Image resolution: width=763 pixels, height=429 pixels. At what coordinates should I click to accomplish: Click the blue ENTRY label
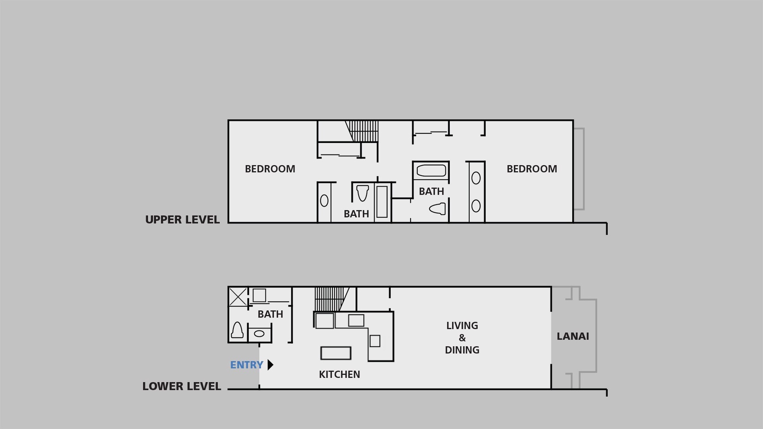click(x=246, y=365)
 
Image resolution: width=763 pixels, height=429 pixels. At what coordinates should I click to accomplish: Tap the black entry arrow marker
click(x=270, y=365)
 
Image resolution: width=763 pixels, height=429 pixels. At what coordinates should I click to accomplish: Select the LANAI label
click(x=573, y=336)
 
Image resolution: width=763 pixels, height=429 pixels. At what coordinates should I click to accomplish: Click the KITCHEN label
click(x=339, y=375)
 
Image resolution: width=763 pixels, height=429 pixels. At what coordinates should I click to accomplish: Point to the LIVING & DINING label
click(x=462, y=338)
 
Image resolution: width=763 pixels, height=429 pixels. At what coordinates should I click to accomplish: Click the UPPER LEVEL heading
click(x=182, y=220)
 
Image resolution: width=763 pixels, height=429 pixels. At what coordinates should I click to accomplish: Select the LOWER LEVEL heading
click(x=182, y=386)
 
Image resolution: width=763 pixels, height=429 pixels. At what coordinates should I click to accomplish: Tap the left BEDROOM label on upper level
click(x=270, y=169)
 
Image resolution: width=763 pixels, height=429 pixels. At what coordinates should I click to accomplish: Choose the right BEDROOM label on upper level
click(x=532, y=169)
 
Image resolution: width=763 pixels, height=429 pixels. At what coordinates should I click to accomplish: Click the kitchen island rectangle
click(x=336, y=353)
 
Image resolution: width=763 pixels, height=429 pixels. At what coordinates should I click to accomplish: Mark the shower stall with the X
click(x=238, y=297)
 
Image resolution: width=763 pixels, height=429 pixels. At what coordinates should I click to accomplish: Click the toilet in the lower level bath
click(x=237, y=330)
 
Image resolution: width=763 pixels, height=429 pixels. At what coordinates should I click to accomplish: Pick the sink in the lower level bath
click(x=259, y=334)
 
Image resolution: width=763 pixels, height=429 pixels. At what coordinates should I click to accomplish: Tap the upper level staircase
click(x=362, y=131)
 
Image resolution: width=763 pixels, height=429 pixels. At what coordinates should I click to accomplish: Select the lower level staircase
click(x=332, y=299)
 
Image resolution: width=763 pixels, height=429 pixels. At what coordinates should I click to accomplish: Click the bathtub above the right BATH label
click(x=431, y=171)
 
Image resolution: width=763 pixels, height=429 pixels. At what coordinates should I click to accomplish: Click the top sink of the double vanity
click(x=476, y=178)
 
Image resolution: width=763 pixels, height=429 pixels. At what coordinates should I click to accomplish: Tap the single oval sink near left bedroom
click(x=324, y=201)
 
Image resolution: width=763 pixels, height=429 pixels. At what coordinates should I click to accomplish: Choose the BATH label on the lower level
click(x=270, y=314)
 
